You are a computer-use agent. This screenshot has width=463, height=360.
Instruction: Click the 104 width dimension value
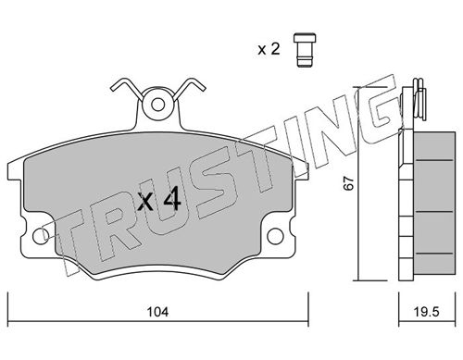click(x=157, y=312)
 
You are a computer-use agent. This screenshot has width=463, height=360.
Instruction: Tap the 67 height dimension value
click(x=349, y=182)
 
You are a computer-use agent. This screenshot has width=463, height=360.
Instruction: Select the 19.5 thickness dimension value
click(x=426, y=312)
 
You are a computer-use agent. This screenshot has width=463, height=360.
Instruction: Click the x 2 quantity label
click(x=269, y=49)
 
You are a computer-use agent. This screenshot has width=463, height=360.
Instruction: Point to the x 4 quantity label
click(x=159, y=200)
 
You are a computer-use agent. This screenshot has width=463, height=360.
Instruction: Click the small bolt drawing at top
click(x=305, y=50)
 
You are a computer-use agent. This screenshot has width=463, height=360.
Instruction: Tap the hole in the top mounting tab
click(x=158, y=105)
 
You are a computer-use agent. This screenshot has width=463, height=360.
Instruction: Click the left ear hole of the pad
click(x=41, y=236)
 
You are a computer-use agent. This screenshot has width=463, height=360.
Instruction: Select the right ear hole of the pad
click(x=275, y=236)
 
